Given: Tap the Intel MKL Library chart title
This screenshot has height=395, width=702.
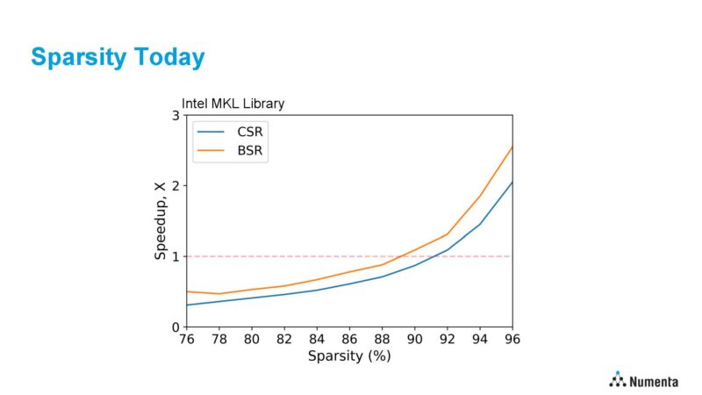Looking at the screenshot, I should pyautogui.click(x=233, y=104).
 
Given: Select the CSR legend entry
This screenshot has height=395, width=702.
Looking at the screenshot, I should pyautogui.click(x=250, y=132).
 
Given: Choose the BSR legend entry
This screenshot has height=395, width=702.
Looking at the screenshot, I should pyautogui.click(x=250, y=150).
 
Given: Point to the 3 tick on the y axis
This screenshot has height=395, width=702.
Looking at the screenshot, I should pyautogui.click(x=175, y=116).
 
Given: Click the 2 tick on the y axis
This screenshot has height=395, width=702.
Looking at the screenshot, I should pyautogui.click(x=175, y=186).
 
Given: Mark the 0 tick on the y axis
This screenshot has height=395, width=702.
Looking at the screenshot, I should pyautogui.click(x=175, y=327).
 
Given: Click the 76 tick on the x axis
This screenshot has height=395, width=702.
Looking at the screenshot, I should pyautogui.click(x=186, y=339).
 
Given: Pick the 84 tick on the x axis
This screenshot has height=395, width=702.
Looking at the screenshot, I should pyautogui.click(x=317, y=339).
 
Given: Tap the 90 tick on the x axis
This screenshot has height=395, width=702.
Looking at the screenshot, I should pyautogui.click(x=415, y=339).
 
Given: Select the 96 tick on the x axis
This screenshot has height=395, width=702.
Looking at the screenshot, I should pyautogui.click(x=512, y=339).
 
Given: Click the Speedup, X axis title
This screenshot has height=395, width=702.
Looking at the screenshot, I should pyautogui.click(x=160, y=221).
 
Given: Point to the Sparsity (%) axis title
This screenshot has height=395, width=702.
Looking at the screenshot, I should pyautogui.click(x=349, y=355).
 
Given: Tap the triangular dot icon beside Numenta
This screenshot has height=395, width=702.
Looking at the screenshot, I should pyautogui.click(x=618, y=379).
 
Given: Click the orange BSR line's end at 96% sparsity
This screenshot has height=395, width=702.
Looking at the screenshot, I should pyautogui.click(x=512, y=147).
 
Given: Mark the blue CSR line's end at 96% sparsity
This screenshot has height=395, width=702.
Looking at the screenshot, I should pyautogui.click(x=512, y=182).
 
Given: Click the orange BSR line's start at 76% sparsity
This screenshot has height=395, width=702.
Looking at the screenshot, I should pyautogui.click(x=187, y=291).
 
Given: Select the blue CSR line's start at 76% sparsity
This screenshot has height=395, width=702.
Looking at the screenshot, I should pyautogui.click(x=187, y=305).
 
